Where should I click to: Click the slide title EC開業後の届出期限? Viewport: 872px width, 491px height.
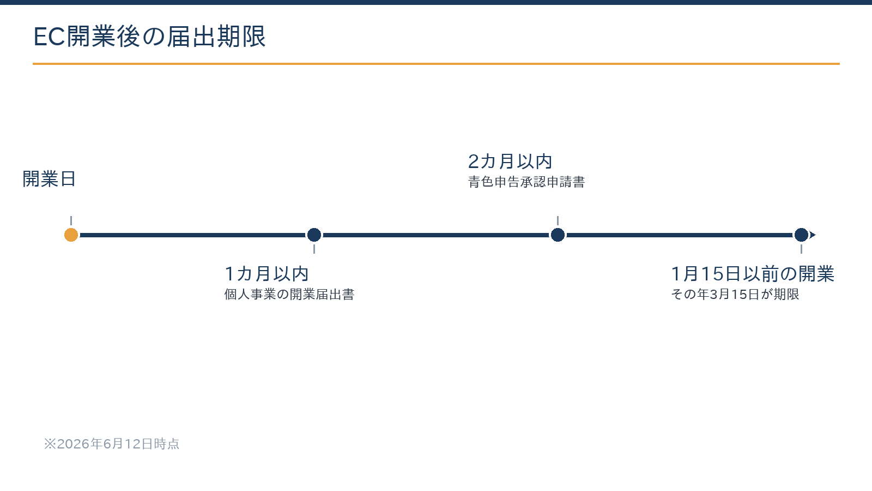tap(149, 37)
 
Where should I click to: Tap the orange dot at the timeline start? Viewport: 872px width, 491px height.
tap(71, 235)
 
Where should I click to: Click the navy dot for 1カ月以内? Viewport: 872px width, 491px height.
tap(314, 235)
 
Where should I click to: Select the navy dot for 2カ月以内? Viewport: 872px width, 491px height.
tap(558, 235)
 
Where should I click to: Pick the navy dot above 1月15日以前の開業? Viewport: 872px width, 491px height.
tap(801, 235)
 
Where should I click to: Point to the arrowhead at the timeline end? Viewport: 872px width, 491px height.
tap(813, 235)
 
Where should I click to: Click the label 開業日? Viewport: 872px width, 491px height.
tap(49, 179)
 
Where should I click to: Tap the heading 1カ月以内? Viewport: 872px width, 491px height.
tap(267, 273)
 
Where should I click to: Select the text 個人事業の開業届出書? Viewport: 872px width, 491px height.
tap(289, 294)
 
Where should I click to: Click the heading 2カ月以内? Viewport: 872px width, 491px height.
tap(510, 161)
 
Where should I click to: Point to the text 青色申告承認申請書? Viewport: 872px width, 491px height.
tap(526, 182)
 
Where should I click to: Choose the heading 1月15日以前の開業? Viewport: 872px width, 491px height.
tap(753, 273)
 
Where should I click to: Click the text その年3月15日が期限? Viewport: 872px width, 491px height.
tap(735, 294)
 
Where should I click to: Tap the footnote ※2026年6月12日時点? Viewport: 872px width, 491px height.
tap(112, 444)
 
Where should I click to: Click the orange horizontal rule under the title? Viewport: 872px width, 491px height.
tap(436, 63)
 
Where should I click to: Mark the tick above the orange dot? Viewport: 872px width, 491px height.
tap(71, 220)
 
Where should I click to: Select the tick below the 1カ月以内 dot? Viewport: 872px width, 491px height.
tap(314, 249)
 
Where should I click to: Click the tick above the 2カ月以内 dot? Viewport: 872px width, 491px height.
tap(558, 220)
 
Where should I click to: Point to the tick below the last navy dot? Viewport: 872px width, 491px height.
tap(801, 249)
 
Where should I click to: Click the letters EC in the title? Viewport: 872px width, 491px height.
tap(49, 37)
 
